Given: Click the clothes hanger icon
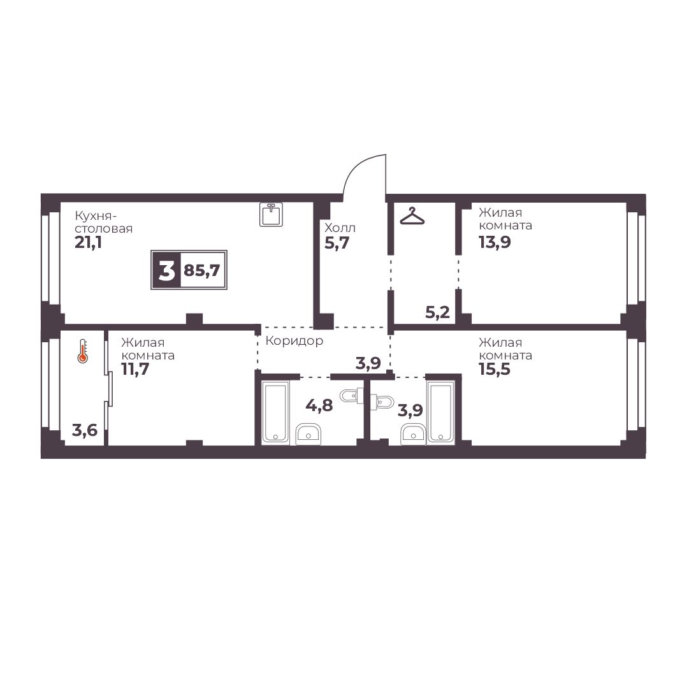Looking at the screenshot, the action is (x=412, y=216).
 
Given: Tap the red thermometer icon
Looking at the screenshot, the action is (x=83, y=351).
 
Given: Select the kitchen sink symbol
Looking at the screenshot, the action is (x=271, y=214).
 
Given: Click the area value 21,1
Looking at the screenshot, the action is (x=89, y=242).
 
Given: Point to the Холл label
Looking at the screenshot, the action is (x=340, y=228).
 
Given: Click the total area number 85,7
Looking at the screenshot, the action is (x=201, y=270).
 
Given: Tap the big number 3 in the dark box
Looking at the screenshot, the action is (x=166, y=270).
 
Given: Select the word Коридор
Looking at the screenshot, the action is (x=294, y=340).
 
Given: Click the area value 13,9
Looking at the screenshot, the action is (x=495, y=242).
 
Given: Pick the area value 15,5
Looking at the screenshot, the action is (x=495, y=369).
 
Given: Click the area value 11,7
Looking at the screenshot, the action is (x=135, y=369).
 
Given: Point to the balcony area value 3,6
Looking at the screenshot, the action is (x=85, y=430).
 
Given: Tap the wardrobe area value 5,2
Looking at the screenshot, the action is (x=438, y=312).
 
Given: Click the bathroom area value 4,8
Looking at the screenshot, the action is (x=319, y=405).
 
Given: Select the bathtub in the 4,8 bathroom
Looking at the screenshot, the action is (x=275, y=411).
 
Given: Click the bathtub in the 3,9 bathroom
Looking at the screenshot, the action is (x=440, y=411).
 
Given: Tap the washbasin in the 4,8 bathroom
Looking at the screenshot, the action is (x=308, y=433).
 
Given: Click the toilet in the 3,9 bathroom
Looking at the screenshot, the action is (x=382, y=401).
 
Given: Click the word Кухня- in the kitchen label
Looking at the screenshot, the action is (x=96, y=216).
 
